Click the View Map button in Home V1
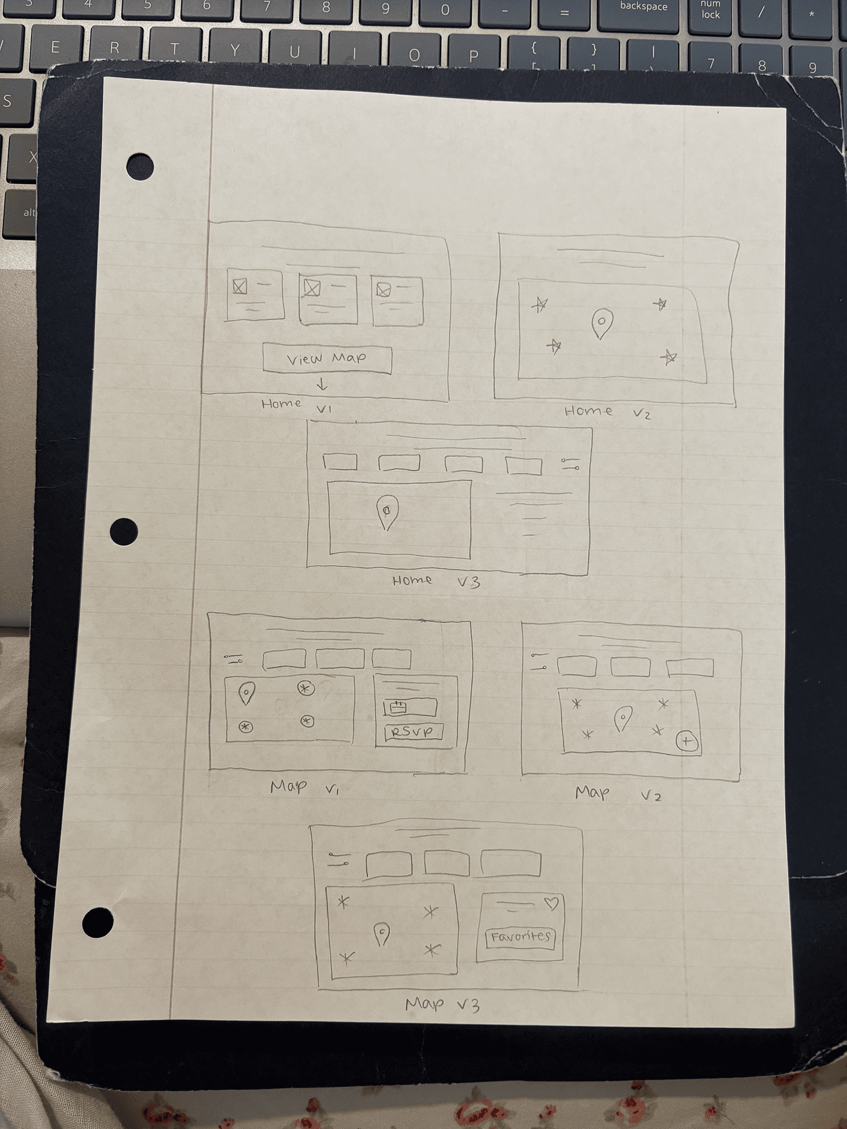(x=327, y=359)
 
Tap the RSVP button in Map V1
(x=413, y=731)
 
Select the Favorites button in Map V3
(x=520, y=937)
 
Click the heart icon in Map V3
(x=551, y=903)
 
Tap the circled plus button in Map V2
(x=686, y=741)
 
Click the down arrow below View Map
(x=322, y=385)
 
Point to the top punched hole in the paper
(x=140, y=167)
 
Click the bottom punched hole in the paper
(x=98, y=922)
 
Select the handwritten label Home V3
(x=436, y=582)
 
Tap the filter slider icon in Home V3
(x=571, y=464)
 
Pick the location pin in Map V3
(x=382, y=934)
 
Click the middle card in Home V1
(x=328, y=299)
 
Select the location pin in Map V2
(x=622, y=719)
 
